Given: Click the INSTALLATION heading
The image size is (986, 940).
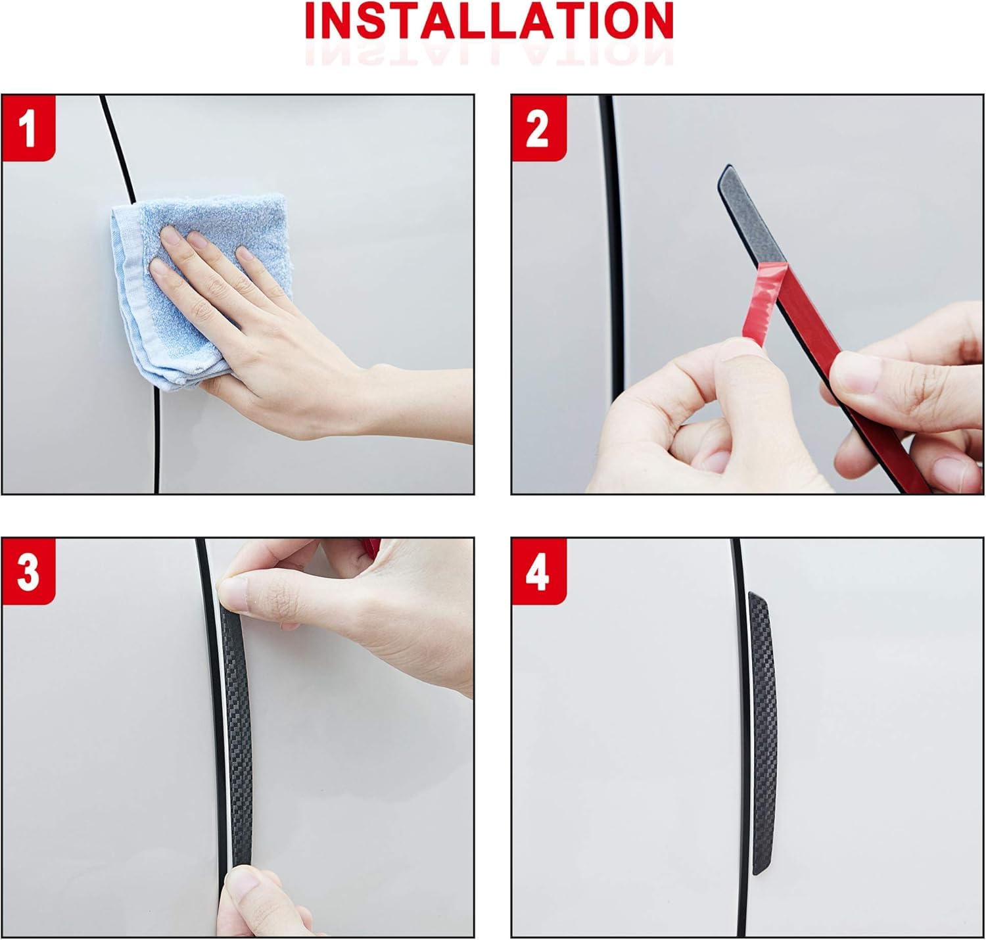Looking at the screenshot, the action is (x=489, y=20).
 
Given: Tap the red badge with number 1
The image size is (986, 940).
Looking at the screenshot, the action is (x=28, y=128).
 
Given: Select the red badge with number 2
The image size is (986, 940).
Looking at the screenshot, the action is (x=539, y=128).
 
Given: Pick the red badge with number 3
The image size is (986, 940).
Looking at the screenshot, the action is (x=28, y=571).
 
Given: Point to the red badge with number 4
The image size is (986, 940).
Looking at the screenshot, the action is (x=539, y=571).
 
